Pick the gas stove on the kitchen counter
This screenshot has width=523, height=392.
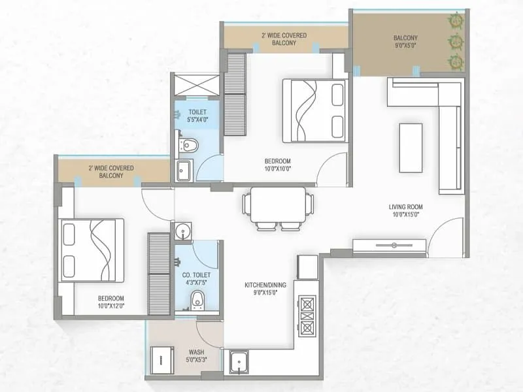pos(307,315)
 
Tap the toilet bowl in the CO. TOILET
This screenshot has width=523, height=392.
pos(197,300)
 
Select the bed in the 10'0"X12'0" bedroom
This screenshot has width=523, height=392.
pos(91,250)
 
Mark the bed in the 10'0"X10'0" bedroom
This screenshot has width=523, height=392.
pos(314,110)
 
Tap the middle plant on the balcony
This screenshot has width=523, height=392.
pos(454,42)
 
